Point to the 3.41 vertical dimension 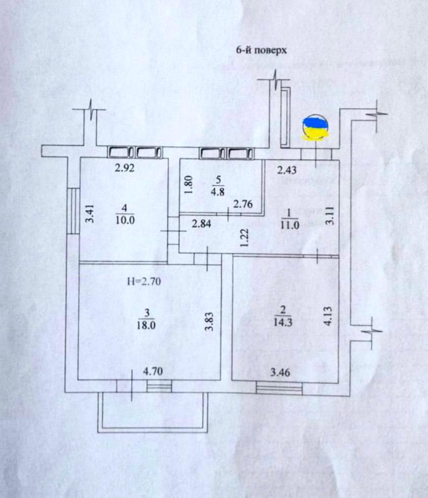pos(89,215)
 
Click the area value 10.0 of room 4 pos(125,220)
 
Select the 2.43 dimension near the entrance pos(287,171)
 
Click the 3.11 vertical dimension pos(330,217)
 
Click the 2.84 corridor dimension pos(201,225)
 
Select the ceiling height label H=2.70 pos(144,281)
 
